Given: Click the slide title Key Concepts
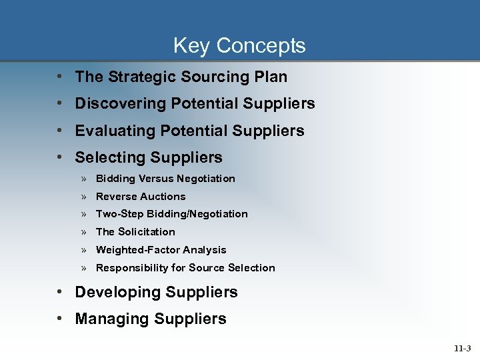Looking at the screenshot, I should click(x=239, y=45).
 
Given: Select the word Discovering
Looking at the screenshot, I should click(x=121, y=104).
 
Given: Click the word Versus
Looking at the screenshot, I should click(x=157, y=179).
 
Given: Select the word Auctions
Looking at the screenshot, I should click(x=163, y=197).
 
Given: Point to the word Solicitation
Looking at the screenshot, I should click(x=147, y=232).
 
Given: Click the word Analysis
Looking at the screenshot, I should click(x=205, y=250).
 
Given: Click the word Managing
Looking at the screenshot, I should click(x=112, y=319).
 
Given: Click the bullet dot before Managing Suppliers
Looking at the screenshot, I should click(x=61, y=319).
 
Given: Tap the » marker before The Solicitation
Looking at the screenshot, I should click(x=85, y=232).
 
